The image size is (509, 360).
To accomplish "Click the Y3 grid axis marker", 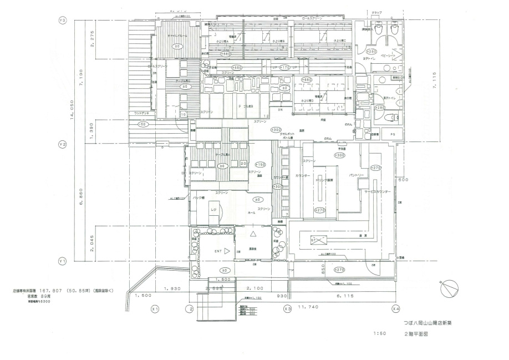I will pos(63,21).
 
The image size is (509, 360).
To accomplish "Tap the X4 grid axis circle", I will pos(396,308).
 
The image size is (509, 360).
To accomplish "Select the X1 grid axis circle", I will pos(155,308).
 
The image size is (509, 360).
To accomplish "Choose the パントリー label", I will pos(357,176).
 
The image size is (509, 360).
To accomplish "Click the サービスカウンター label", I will pos(378,191).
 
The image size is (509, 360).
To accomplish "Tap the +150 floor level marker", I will pos(261,165).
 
